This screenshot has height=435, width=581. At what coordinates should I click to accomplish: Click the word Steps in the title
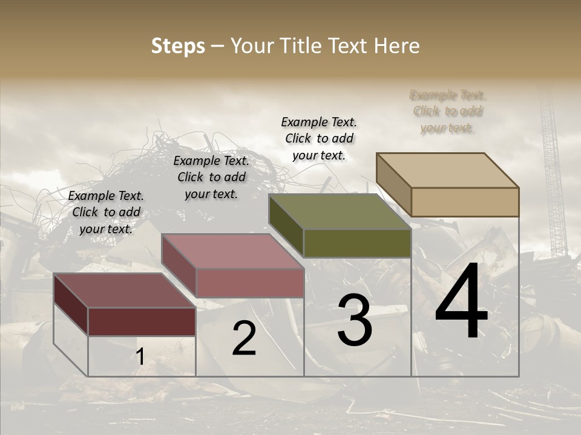[x=178, y=46]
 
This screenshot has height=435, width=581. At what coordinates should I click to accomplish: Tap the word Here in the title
[x=396, y=46]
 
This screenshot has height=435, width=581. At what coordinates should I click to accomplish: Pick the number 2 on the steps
[x=244, y=338]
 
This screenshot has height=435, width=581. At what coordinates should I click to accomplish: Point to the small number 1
[x=140, y=357]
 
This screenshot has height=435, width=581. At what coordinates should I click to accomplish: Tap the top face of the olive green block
[x=340, y=211]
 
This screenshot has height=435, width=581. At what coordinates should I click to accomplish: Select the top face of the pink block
[x=232, y=251]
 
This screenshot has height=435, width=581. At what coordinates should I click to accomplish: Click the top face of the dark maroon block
[x=124, y=291]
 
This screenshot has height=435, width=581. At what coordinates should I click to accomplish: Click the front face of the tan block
[x=465, y=202]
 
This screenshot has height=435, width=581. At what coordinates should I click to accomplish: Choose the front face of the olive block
[x=357, y=243]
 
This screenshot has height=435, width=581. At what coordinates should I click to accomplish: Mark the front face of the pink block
[x=250, y=283]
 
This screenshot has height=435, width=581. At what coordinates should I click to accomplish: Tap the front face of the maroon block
[x=142, y=321]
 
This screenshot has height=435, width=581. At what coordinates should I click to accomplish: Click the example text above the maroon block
[x=106, y=212]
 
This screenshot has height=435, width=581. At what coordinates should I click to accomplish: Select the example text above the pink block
[x=211, y=177]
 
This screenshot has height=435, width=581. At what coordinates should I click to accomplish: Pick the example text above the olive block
[x=319, y=138]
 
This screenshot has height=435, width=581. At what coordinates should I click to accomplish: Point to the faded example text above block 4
[x=447, y=111]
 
